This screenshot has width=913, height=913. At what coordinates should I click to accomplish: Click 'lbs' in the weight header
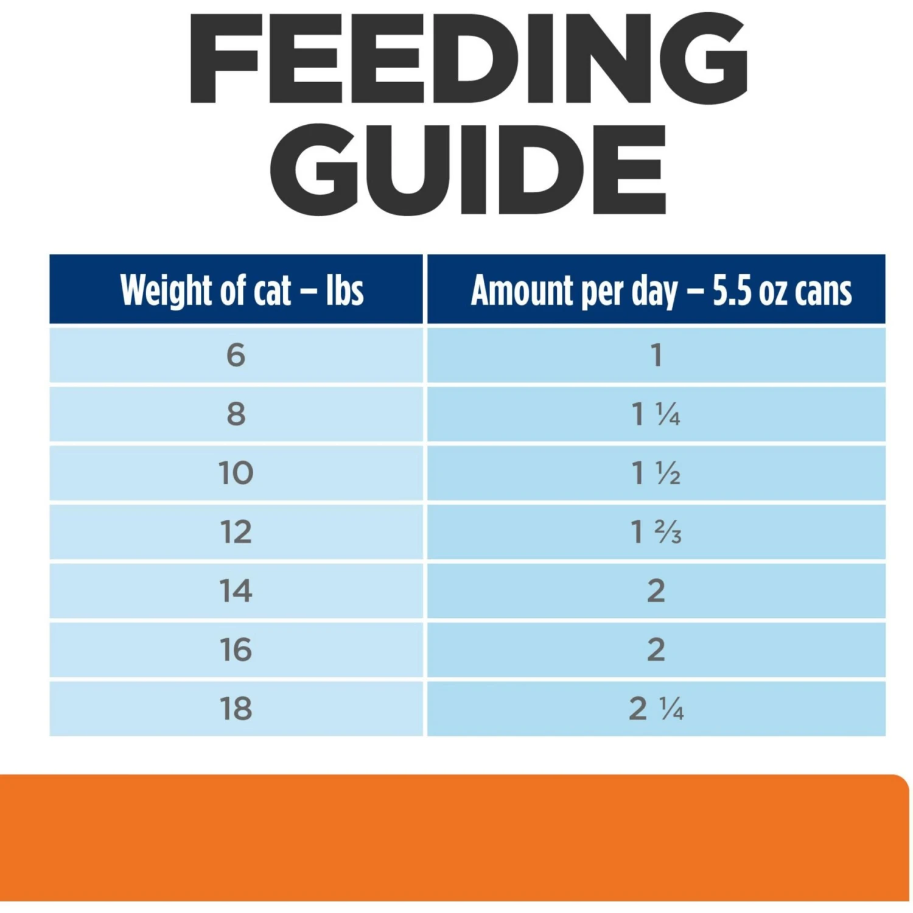pos(345,290)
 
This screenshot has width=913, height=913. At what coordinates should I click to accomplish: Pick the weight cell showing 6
pos(236,355)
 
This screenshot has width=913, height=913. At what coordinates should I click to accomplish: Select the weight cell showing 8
pos(236,415)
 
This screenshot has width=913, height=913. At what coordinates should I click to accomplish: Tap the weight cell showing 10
pos(236,473)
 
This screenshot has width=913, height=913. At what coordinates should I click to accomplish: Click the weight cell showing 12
pos(236,532)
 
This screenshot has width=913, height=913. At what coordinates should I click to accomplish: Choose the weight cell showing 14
pos(236,591)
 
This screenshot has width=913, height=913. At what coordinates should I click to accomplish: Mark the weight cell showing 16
pos(236,650)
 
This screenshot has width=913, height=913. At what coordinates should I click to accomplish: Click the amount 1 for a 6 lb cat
pos(656,355)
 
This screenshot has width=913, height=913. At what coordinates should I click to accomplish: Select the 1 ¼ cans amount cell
pos(656,415)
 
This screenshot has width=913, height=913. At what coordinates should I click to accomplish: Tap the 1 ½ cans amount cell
pos(656,473)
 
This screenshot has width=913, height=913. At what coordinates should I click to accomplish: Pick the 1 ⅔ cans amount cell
pos(656,532)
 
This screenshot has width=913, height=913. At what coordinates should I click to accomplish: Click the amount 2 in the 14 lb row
pos(656,591)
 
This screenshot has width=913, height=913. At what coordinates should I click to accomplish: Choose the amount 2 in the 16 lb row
pos(656,650)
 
